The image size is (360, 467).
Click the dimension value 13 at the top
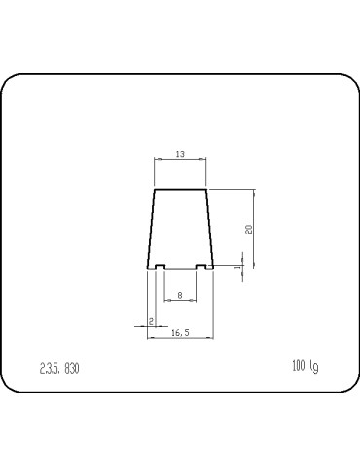coord(180,155)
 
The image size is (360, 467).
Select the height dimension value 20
coord(249,229)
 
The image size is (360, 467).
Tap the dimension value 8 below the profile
coord(180,295)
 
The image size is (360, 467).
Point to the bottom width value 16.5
coord(179,332)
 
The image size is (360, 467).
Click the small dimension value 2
coord(151,320)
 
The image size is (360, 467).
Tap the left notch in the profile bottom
coord(159,266)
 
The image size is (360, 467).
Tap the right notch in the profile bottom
coord(201,266)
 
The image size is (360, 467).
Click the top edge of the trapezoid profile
coord(180,189)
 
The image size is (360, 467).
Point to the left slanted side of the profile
coord(151,229)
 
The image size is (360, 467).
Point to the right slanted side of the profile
coord(209,229)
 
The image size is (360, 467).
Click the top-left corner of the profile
coord(155,189)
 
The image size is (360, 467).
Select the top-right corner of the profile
coord(206,189)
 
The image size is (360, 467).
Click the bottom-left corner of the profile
coord(147,269)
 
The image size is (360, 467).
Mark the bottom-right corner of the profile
coord(213,269)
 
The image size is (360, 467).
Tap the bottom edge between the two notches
coord(180,269)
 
